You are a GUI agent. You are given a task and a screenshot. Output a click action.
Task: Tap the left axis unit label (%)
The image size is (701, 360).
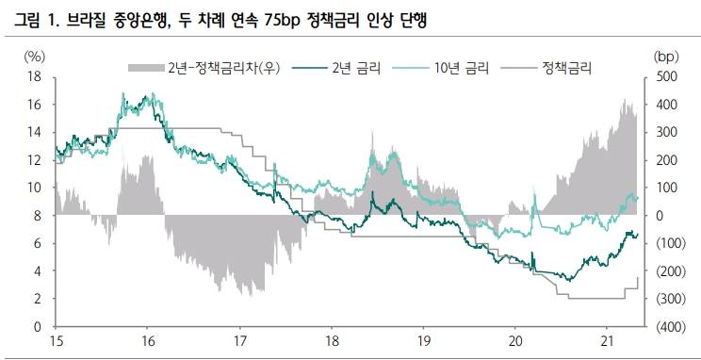point(34,56)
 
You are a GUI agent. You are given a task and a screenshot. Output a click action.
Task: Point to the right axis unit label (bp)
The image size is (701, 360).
point(665,56)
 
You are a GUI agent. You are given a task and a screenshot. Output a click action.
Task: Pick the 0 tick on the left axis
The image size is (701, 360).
point(37,327)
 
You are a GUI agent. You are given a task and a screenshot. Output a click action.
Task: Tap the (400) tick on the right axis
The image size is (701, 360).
point(665,327)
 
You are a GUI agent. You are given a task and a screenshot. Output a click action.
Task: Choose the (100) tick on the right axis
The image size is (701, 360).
point(665,243)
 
